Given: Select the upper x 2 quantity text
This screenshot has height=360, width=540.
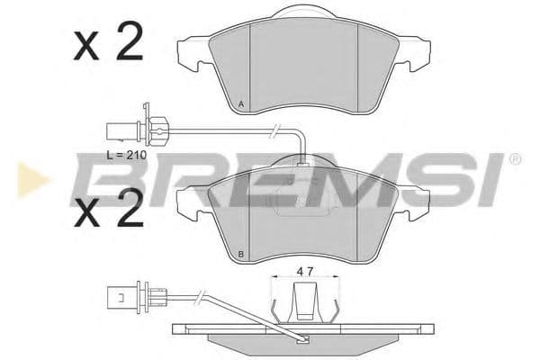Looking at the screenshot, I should [x=108, y=43].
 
